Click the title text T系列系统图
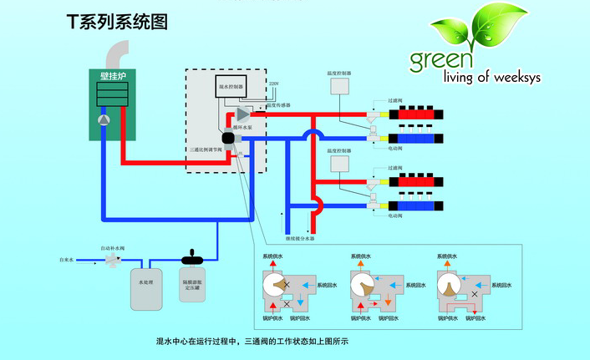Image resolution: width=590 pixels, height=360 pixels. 117,23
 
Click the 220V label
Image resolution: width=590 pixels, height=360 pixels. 273,84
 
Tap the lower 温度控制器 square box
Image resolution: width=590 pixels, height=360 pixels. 339,165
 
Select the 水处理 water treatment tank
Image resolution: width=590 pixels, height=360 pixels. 146,285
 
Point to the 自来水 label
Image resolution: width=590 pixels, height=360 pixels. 68,261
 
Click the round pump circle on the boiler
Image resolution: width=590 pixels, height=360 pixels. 102,120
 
